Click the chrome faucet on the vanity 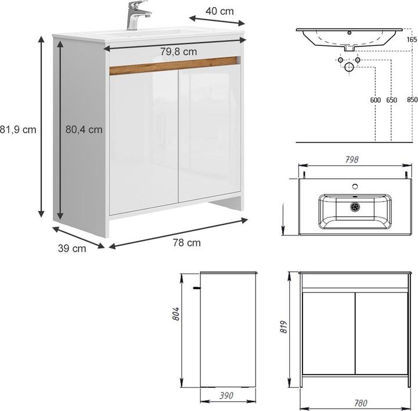point(137,16)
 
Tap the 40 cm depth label point(219,11)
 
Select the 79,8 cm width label point(178,52)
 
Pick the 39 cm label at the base point(71,248)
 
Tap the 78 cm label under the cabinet point(186,243)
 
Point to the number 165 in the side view point(412,39)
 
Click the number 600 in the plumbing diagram point(375,100)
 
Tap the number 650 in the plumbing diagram point(391,100)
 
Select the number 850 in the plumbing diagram point(412,100)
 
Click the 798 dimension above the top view point(352,159)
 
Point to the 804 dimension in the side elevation point(176,314)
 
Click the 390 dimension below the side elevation point(226,395)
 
